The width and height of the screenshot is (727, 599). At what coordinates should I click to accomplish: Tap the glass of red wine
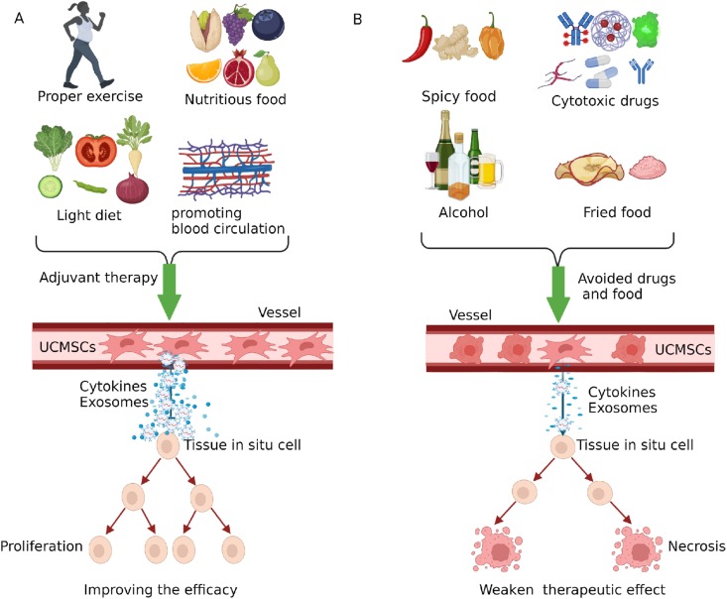tap(429, 169)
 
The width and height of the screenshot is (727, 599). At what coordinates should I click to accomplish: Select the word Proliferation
tap(41, 546)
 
